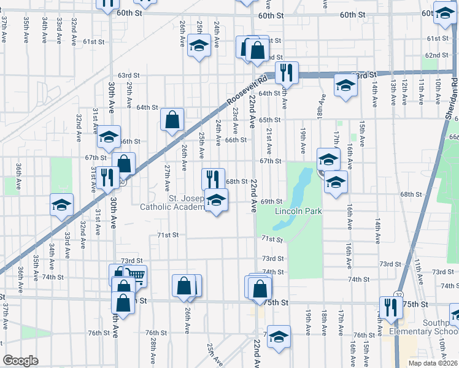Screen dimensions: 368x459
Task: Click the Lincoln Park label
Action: click(x=298, y=212)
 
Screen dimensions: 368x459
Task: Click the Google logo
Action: click(x=20, y=361)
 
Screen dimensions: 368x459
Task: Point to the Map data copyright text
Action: click(x=433, y=362)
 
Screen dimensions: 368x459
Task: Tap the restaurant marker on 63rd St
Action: click(x=286, y=73)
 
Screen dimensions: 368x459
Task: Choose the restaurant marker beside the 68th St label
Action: click(x=213, y=179)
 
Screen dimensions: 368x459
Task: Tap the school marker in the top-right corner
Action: click(x=444, y=13)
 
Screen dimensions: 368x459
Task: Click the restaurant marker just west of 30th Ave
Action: click(x=107, y=178)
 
